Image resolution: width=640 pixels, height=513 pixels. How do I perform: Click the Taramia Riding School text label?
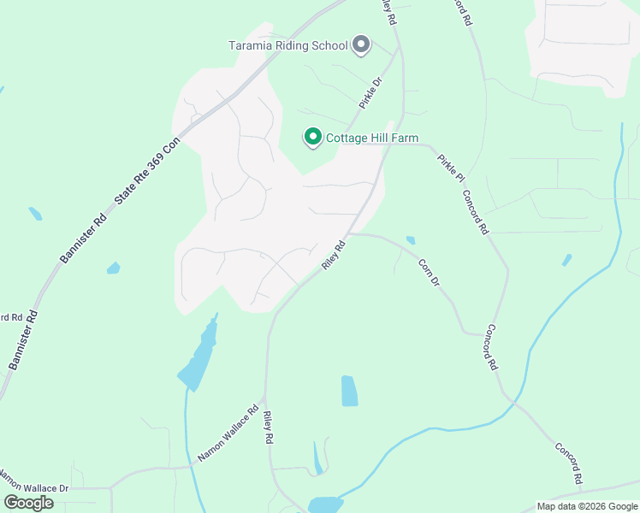click(x=287, y=45)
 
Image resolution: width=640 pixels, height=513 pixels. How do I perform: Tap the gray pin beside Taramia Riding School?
click(x=361, y=44)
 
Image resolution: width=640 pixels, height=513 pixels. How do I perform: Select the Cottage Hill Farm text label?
click(x=372, y=138)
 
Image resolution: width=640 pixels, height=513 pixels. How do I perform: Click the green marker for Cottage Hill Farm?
click(x=312, y=137)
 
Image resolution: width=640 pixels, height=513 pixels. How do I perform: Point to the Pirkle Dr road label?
click(x=370, y=93)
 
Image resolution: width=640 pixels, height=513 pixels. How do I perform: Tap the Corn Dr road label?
click(x=429, y=272)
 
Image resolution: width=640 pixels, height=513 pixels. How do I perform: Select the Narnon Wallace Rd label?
click(x=228, y=433)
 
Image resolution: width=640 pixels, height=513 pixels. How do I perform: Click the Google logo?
click(x=28, y=503)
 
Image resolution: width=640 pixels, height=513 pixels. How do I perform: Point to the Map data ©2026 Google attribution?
click(x=587, y=506)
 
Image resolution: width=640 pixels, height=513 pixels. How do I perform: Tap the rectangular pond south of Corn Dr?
click(x=349, y=390)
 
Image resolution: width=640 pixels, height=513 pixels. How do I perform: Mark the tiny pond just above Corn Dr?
click(x=411, y=240)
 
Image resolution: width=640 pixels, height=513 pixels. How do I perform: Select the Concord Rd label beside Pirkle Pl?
click(x=475, y=211)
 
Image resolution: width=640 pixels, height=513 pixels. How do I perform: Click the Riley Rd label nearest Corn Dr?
click(x=334, y=256)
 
